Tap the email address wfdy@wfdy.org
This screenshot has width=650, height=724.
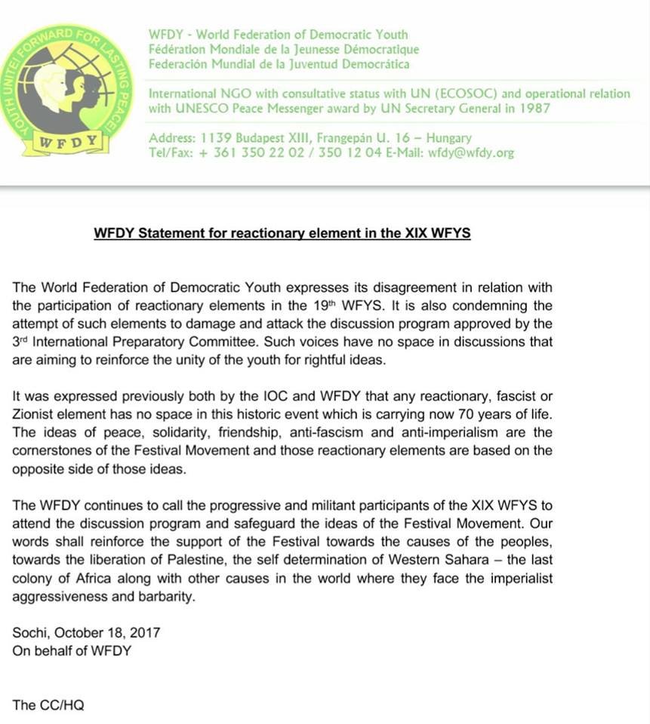click(471, 152)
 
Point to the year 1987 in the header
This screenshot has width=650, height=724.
click(536, 108)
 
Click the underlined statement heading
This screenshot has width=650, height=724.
click(282, 233)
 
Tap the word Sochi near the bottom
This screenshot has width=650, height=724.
click(28, 632)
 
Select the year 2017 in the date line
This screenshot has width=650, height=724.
click(145, 632)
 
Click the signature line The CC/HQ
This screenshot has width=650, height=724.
click(49, 705)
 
